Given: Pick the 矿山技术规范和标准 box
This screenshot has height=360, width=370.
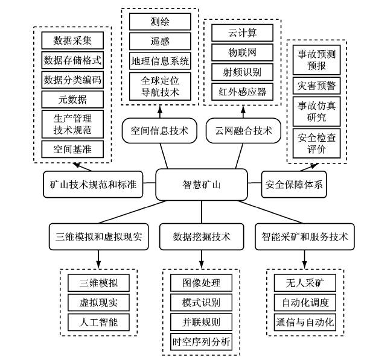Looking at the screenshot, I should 94,185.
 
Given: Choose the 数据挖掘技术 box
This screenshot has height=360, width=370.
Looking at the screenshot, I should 201,236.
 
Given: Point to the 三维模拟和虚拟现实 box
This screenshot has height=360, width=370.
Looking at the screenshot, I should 98,236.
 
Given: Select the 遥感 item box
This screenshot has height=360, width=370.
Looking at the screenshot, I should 160,41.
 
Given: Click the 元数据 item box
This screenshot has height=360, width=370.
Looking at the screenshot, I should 72,99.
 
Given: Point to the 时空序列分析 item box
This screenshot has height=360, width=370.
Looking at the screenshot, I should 201,341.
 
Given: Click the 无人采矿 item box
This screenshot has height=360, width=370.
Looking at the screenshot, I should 304,282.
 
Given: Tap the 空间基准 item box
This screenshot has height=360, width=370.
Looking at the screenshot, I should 72,149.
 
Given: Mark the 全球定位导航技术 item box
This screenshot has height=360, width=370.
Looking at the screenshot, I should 160,85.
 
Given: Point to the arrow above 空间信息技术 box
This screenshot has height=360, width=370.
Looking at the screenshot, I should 159,110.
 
